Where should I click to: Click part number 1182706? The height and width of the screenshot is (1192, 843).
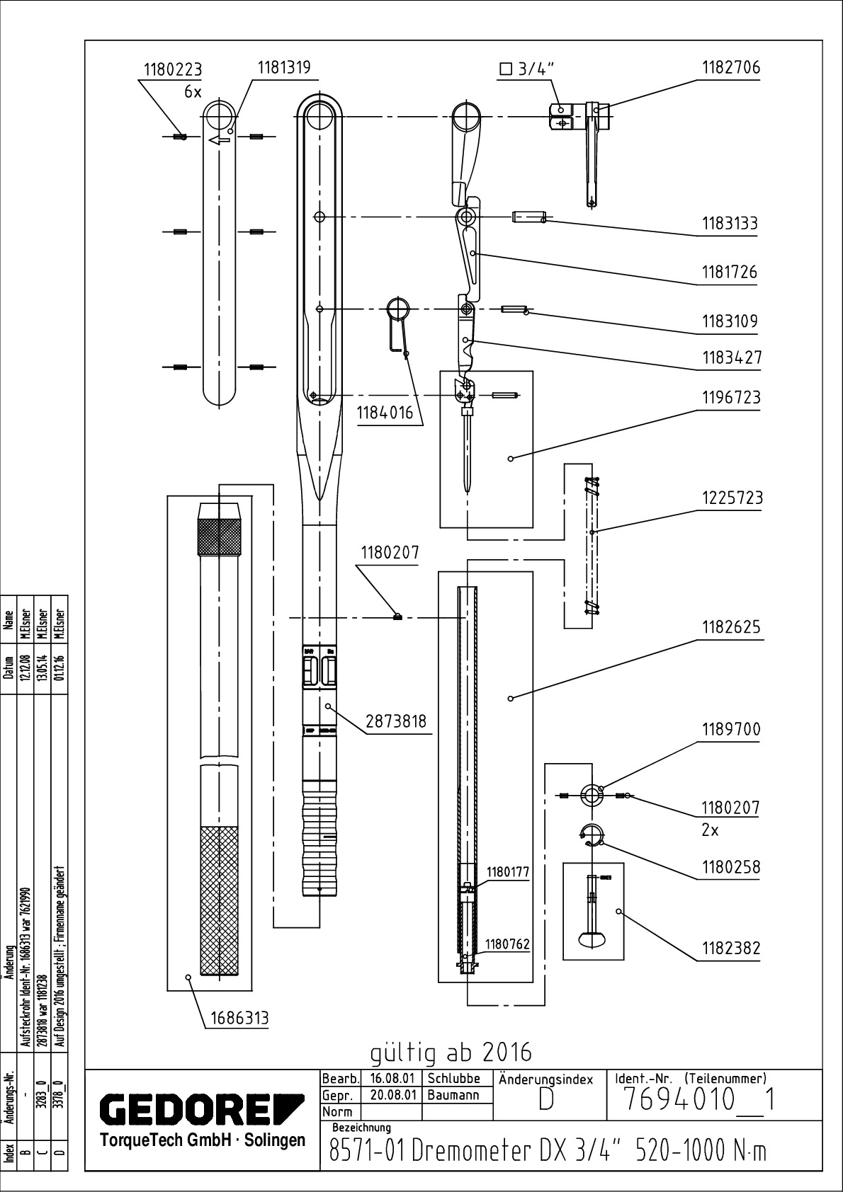pos(730,68)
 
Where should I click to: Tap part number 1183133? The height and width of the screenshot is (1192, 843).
pos(730,224)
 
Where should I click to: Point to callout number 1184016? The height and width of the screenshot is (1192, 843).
pos(384,413)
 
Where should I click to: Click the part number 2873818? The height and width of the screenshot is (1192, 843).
pos(396,721)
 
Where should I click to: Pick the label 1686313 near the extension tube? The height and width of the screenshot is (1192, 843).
pos(239,1018)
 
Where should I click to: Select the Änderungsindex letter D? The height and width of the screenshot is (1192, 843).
pos(546,1099)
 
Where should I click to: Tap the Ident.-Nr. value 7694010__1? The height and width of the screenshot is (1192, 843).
pos(698,1100)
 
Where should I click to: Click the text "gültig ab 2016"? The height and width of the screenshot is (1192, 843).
pos(451,1053)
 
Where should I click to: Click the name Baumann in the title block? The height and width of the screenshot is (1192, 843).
pos(453,1094)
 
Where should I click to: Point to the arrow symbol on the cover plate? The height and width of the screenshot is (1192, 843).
pos(220,139)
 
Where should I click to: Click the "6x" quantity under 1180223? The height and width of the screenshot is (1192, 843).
pos(193,92)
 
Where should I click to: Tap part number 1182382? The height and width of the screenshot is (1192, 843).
pos(731,948)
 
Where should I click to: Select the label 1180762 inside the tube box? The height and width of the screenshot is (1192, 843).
pos(507,944)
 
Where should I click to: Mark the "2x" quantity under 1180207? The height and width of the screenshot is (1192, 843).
pos(710,830)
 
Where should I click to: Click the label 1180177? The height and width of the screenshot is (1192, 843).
pos(507,872)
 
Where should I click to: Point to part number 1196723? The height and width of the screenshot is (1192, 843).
pos(731,398)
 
